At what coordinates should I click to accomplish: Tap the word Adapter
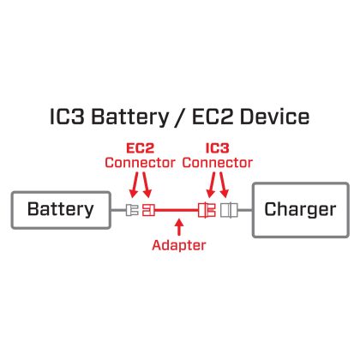(x=179, y=245)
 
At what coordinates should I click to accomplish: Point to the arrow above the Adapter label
(x=179, y=227)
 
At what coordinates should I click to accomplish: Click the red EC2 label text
(x=141, y=148)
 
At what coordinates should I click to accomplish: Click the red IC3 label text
(x=218, y=148)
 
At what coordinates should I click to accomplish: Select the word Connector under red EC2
(x=140, y=163)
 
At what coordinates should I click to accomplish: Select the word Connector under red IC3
(x=218, y=163)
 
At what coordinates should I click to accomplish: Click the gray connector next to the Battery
(x=132, y=210)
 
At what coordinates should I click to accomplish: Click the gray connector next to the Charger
(x=229, y=210)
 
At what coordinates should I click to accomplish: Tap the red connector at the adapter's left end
(x=148, y=210)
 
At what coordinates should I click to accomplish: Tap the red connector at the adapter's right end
(x=207, y=210)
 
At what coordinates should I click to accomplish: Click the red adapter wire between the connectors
(x=177, y=210)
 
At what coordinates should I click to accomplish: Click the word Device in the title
(x=274, y=117)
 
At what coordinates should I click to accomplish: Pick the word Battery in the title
(x=130, y=117)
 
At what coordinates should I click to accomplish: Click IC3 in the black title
(x=67, y=117)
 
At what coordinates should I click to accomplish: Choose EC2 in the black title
(x=213, y=117)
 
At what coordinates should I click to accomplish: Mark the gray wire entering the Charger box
(x=245, y=210)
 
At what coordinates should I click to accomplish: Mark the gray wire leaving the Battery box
(x=118, y=210)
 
